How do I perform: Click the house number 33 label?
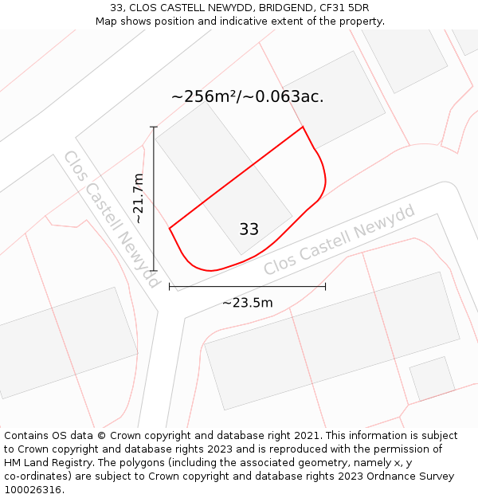(x=249, y=229)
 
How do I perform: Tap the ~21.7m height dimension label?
(x=139, y=198)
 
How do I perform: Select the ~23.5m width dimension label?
(x=247, y=303)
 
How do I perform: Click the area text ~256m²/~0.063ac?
(x=247, y=96)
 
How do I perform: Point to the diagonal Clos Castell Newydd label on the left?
(x=112, y=219)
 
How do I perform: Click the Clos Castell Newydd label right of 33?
(x=340, y=239)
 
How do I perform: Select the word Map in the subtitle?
(x=108, y=21)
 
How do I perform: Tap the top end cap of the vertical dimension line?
(x=154, y=127)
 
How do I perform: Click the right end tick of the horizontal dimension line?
(x=325, y=287)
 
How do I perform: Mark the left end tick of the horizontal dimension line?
(x=170, y=287)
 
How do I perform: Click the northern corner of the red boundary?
(x=303, y=127)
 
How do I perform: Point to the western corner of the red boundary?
(x=170, y=229)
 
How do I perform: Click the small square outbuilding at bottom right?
(x=432, y=378)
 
